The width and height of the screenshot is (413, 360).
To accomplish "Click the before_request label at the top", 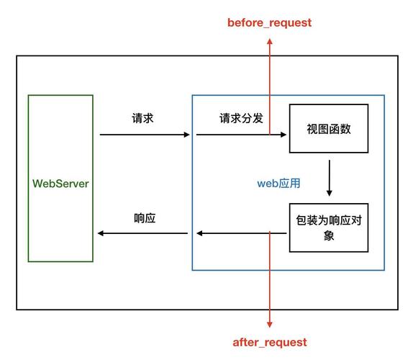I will tap(270, 22).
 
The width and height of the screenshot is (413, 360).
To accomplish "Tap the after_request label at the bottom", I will tap(270, 342).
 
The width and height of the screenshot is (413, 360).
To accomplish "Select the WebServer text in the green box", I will tap(60, 184).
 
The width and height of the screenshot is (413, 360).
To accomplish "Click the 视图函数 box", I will tap(328, 129).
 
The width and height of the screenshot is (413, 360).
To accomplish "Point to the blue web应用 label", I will tap(278, 184).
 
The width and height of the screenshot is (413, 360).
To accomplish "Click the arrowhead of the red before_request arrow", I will tap(270, 42).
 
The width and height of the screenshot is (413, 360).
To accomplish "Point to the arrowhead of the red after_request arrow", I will tap(270, 325).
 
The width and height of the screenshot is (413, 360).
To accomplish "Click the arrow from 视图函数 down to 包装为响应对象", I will tap(329, 177).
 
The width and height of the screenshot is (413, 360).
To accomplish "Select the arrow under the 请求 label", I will tap(145, 135).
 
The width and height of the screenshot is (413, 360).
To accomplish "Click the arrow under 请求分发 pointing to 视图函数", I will tap(241, 135).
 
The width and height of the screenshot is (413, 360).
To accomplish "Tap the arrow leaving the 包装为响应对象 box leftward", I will tap(241, 233).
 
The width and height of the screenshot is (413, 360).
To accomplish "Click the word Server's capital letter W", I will tap(37, 184).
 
